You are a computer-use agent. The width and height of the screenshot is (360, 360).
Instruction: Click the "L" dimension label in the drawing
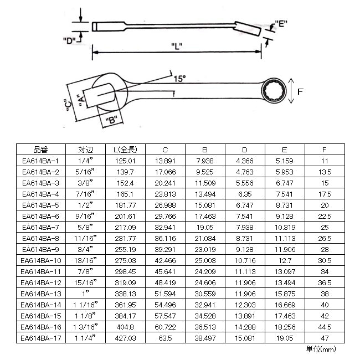click(177, 46)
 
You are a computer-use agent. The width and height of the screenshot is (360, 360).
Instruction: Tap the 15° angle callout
click(179, 79)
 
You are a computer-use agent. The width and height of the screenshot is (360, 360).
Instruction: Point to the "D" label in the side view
click(69, 40)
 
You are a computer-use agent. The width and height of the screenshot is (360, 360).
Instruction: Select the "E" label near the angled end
click(281, 23)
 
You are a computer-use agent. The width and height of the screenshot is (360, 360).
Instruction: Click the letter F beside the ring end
click(300, 91)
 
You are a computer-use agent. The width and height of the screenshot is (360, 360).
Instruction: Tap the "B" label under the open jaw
click(111, 120)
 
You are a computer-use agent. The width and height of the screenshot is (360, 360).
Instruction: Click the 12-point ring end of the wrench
click(274, 90)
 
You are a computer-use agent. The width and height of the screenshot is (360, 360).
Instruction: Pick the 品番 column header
click(40, 150)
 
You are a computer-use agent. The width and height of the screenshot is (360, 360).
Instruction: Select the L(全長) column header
click(125, 150)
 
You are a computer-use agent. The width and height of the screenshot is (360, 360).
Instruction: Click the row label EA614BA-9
click(40, 249)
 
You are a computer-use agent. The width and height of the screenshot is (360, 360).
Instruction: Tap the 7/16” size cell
click(85, 194)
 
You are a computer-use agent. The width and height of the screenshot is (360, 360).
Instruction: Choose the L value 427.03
click(125, 338)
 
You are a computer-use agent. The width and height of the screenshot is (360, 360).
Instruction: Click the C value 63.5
click(165, 338)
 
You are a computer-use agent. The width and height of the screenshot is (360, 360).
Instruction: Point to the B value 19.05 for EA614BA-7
click(205, 227)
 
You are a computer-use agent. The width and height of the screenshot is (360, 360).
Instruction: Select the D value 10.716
click(245, 261)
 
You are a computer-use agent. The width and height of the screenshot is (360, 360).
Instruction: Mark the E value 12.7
click(285, 261)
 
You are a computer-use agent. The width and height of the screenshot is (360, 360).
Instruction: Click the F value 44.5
click(325, 327)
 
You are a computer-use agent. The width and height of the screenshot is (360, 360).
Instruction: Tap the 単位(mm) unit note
click(321, 349)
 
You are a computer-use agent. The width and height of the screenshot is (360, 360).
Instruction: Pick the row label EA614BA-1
click(40, 161)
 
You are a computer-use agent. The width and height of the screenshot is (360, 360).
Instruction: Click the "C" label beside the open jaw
click(69, 106)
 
